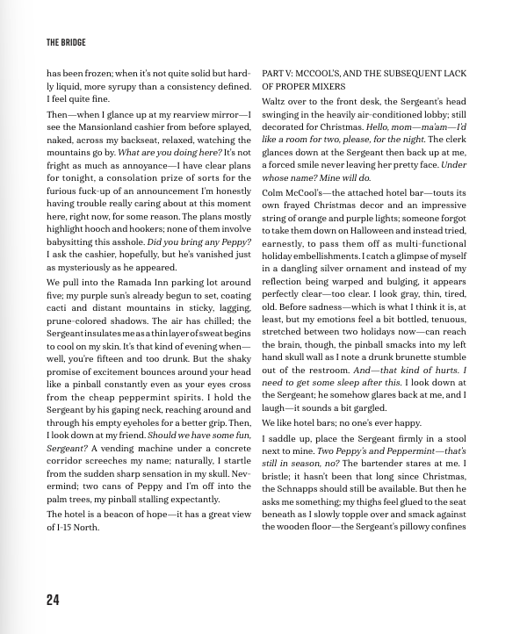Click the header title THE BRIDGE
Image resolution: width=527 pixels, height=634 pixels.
(66, 41)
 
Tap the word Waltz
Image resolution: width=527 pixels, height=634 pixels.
(277, 103)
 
